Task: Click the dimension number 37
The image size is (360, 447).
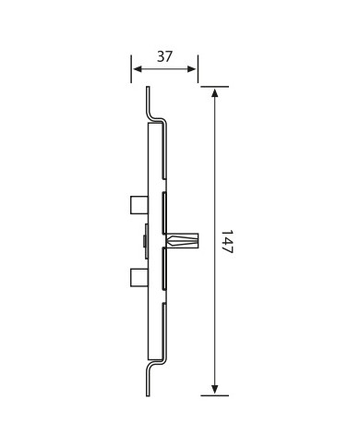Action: (x=164, y=56)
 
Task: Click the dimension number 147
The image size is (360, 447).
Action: (x=228, y=241)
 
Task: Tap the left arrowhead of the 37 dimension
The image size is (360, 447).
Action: (x=137, y=69)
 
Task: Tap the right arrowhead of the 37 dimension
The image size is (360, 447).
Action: (x=192, y=69)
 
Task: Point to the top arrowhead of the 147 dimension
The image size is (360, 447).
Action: (x=215, y=92)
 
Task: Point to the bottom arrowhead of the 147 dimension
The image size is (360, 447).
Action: (x=215, y=390)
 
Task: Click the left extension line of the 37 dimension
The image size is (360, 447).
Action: (x=131, y=69)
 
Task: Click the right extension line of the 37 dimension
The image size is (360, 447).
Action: (x=198, y=69)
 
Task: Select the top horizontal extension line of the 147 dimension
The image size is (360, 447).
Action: (x=214, y=87)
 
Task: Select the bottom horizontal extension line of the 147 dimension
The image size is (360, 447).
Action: (x=214, y=395)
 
